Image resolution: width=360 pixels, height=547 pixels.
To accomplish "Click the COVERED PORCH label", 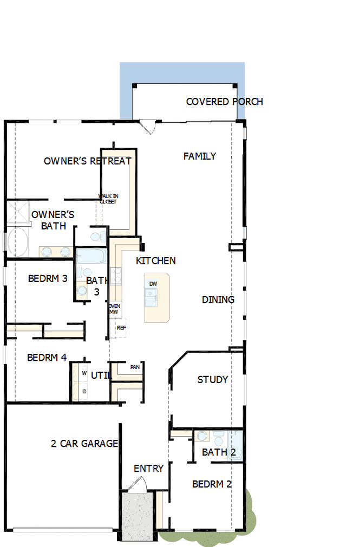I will point(224,102).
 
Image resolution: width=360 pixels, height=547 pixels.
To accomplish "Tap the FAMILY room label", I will point(199,156).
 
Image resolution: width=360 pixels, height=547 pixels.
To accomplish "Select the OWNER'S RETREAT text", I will point(87,161).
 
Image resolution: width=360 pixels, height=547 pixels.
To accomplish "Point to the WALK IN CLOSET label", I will point(107,199).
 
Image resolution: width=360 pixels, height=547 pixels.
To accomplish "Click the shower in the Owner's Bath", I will point(17,211).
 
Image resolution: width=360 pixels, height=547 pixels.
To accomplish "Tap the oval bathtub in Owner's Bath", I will point(18,242).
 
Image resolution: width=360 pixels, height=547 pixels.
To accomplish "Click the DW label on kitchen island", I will point(153,284).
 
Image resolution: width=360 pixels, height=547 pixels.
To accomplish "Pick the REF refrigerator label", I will point(121,328).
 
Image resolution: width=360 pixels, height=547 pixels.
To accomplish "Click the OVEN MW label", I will point(114,309).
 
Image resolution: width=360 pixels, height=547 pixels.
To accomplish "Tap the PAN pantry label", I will point(135,367).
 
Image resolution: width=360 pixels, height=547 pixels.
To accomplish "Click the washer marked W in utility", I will point(84,373).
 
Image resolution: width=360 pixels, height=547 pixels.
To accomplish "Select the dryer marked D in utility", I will point(84,391).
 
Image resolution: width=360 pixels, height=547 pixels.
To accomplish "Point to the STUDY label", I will point(212,380).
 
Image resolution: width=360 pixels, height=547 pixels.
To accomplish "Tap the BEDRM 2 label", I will point(212,484).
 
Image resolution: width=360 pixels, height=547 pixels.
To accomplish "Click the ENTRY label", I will point(148,469).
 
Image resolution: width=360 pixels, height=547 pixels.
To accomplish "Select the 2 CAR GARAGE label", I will point(84,444).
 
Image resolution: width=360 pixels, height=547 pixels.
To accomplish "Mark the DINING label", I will point(218,300).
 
